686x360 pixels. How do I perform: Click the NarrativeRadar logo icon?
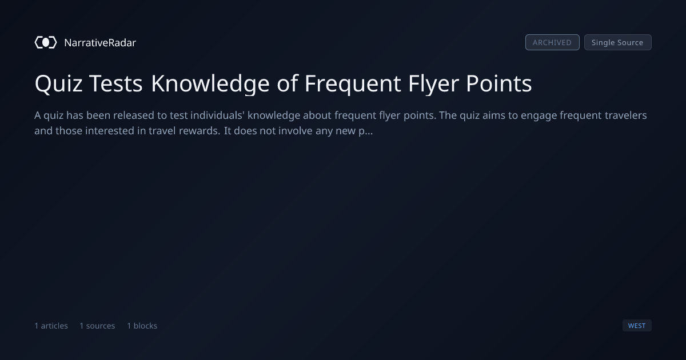pyautogui.click(x=46, y=42)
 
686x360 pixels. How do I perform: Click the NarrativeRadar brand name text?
pyautogui.click(x=100, y=42)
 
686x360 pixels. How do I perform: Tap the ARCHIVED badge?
pyautogui.click(x=552, y=42)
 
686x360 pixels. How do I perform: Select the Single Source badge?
pyautogui.click(x=618, y=42)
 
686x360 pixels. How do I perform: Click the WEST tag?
pyautogui.click(x=637, y=325)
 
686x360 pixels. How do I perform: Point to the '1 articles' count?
pyautogui.click(x=51, y=326)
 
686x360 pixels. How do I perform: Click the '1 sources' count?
pyautogui.click(x=97, y=326)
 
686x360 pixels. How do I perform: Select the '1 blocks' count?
pyautogui.click(x=142, y=326)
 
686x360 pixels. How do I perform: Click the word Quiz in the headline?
pyautogui.click(x=58, y=83)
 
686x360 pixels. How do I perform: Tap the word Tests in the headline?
pyautogui.click(x=116, y=83)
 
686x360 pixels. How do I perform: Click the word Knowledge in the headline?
pyautogui.click(x=210, y=83)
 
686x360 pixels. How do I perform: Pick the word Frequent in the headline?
pyautogui.click(x=353, y=83)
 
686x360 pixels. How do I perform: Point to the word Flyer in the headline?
pyautogui.click(x=433, y=83)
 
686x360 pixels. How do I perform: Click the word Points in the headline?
pyautogui.click(x=499, y=83)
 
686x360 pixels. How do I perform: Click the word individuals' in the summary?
pyautogui.click(x=217, y=115)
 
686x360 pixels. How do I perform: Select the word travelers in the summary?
pyautogui.click(x=625, y=115)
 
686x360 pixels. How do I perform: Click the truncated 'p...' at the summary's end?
pyautogui.click(x=366, y=131)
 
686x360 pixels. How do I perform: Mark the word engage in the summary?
pyautogui.click(x=539, y=116)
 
